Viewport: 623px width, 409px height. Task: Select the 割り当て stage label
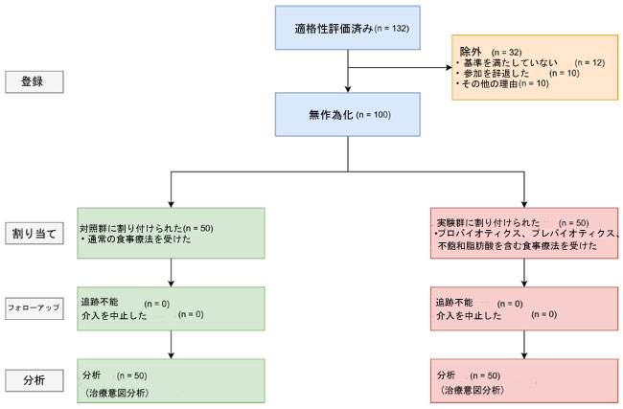(x=35, y=233)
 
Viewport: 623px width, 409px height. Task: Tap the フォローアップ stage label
(x=35, y=308)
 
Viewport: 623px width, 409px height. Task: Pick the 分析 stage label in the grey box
(x=35, y=380)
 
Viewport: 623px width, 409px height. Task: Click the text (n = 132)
(x=392, y=28)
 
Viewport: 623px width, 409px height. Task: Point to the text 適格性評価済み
(x=334, y=28)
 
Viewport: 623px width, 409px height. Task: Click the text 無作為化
(x=331, y=115)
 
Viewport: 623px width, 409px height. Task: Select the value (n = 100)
(x=374, y=115)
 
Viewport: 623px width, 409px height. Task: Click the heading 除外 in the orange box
(x=471, y=52)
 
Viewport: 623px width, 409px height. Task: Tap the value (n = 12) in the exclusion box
(x=589, y=63)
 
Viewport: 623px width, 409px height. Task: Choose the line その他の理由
(x=490, y=83)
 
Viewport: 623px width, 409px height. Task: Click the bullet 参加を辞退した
(x=496, y=73)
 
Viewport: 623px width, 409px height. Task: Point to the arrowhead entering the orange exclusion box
(x=450, y=67)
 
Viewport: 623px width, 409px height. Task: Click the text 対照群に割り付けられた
(x=131, y=228)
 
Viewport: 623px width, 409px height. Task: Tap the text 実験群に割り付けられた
(x=488, y=223)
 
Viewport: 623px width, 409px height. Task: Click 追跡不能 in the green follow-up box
(x=100, y=302)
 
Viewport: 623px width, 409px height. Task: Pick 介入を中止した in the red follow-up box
(x=469, y=316)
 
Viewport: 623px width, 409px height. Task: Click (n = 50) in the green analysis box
(x=132, y=375)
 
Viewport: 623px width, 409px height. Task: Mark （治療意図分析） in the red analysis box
(x=472, y=390)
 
